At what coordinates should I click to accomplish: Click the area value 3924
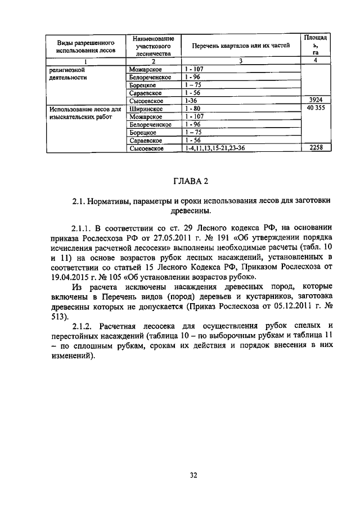coord(316,100)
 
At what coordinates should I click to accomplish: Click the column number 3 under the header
coord(240,61)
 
